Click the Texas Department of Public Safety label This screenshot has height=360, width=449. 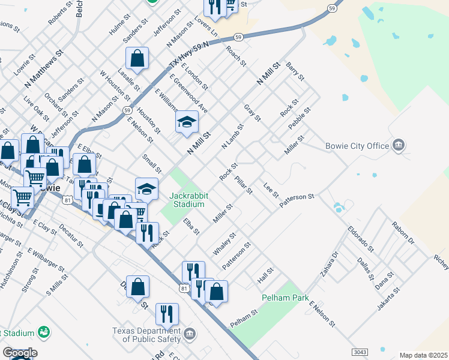(146, 335)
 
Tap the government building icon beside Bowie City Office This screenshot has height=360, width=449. (398, 145)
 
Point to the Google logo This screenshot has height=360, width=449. (20, 353)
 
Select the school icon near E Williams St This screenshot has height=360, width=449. (187, 122)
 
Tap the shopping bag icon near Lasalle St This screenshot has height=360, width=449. (137, 59)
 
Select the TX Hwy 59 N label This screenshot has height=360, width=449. (188, 54)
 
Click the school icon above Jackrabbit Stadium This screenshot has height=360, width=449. (146, 190)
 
